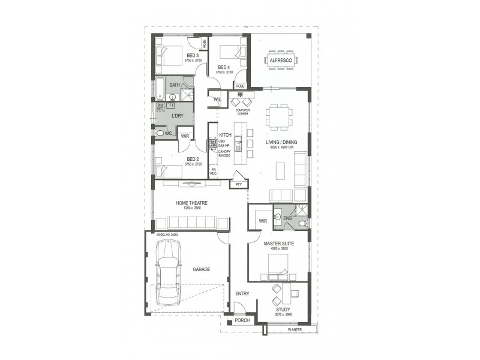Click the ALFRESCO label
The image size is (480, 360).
click(281, 61)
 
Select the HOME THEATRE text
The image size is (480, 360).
click(191, 203)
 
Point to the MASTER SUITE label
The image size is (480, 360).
click(278, 244)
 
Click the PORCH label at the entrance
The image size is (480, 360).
click(243, 320)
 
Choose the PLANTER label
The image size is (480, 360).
click(295, 329)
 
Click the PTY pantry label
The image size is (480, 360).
click(238, 184)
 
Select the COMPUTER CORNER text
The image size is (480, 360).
click(242, 112)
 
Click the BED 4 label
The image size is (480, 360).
click(224, 67)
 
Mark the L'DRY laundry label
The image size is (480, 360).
click(177, 115)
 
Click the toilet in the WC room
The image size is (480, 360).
click(160, 133)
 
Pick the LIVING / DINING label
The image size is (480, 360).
click(281, 142)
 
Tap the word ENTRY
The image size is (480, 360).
click(242, 293)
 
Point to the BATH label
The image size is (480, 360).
click(175, 85)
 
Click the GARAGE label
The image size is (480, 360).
click(202, 269)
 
